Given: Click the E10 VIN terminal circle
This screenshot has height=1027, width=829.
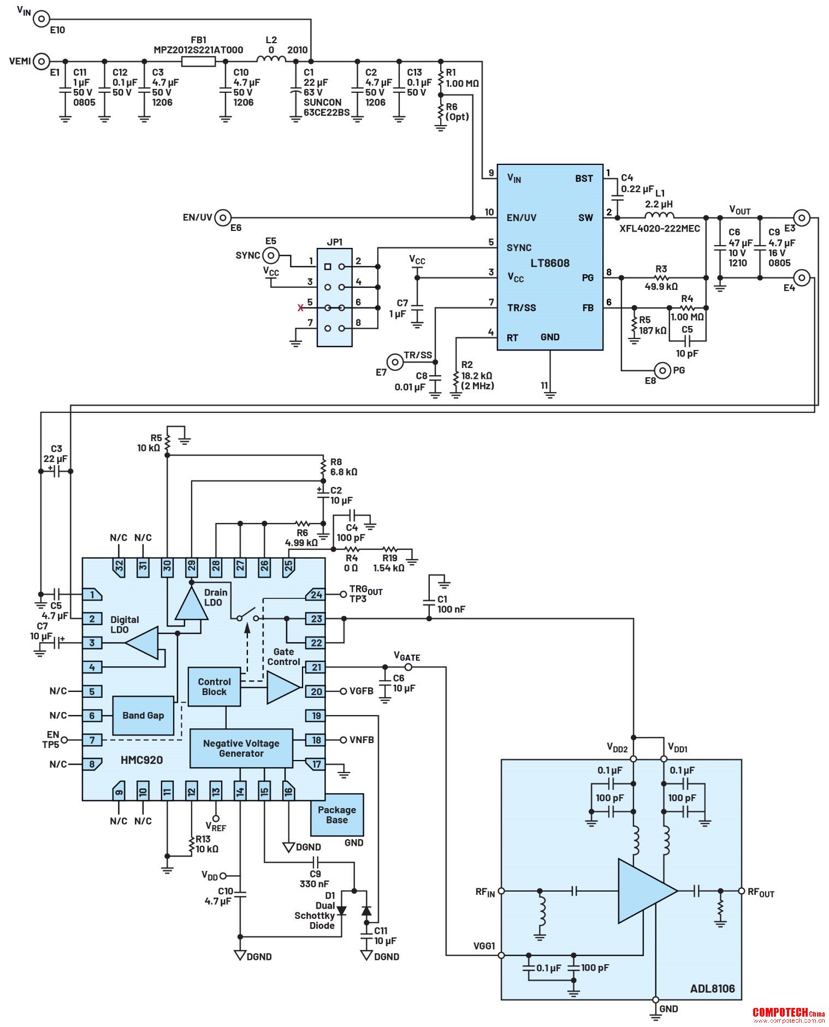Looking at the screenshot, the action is click(x=42, y=19).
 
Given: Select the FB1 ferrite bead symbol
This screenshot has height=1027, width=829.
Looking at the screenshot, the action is click(x=198, y=61).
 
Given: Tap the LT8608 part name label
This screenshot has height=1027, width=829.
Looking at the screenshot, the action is click(x=549, y=263).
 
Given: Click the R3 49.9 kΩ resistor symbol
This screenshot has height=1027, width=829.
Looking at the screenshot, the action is click(x=661, y=278).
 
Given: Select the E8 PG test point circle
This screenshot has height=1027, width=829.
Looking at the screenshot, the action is click(x=662, y=370).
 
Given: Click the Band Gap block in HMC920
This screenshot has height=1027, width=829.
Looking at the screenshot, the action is click(x=143, y=715).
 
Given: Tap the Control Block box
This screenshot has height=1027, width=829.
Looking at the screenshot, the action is click(x=214, y=687).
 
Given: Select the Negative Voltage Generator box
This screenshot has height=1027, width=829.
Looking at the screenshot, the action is click(x=241, y=748).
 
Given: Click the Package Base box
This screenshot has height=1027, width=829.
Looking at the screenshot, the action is click(x=337, y=815).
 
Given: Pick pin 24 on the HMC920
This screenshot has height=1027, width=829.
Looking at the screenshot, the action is click(x=315, y=595).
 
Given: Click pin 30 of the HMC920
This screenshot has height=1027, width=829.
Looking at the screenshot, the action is click(x=167, y=567).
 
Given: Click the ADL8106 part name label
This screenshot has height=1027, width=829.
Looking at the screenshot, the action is click(x=712, y=988).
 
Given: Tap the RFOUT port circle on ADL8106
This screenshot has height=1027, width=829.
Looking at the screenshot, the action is click(x=741, y=891).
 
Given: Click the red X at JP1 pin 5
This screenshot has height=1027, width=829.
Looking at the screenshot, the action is click(x=300, y=308).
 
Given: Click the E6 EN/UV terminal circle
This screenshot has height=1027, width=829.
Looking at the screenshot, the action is click(x=223, y=218).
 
